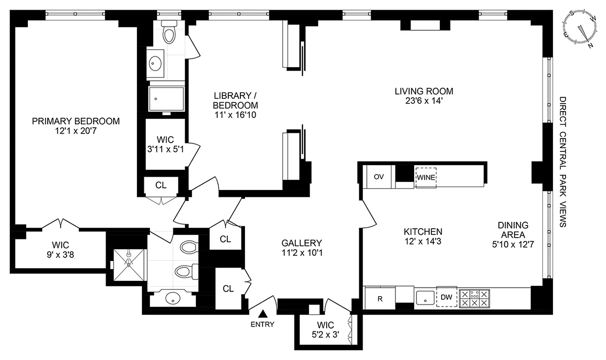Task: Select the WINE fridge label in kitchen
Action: pyautogui.click(x=425, y=177)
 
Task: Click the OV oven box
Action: pyautogui.click(x=379, y=176)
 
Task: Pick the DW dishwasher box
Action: pyautogui.click(x=446, y=297)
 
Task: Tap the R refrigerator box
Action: pyautogui.click(x=380, y=298)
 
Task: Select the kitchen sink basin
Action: pyautogui.click(x=424, y=297)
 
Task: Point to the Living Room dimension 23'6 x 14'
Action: pyautogui.click(x=424, y=101)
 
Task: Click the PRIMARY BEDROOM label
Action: pyautogui.click(x=76, y=121)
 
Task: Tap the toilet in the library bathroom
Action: pyautogui.click(x=169, y=32)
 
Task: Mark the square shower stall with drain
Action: pyautogui.click(x=129, y=259)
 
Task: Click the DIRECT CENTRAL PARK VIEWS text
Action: pyautogui.click(x=563, y=162)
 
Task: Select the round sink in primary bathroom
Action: pyautogui.click(x=172, y=297)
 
